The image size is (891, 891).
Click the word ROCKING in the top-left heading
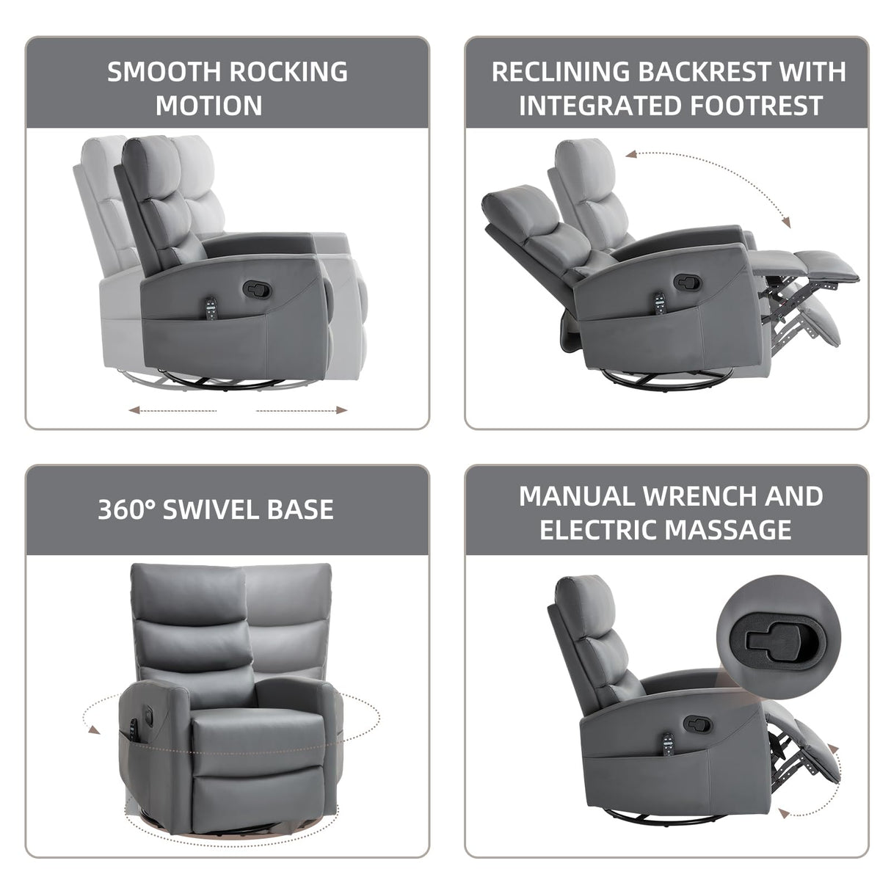point(289,72)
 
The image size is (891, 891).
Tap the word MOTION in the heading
point(209,106)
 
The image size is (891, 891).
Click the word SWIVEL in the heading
point(213,509)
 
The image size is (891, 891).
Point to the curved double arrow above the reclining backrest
point(708,183)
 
